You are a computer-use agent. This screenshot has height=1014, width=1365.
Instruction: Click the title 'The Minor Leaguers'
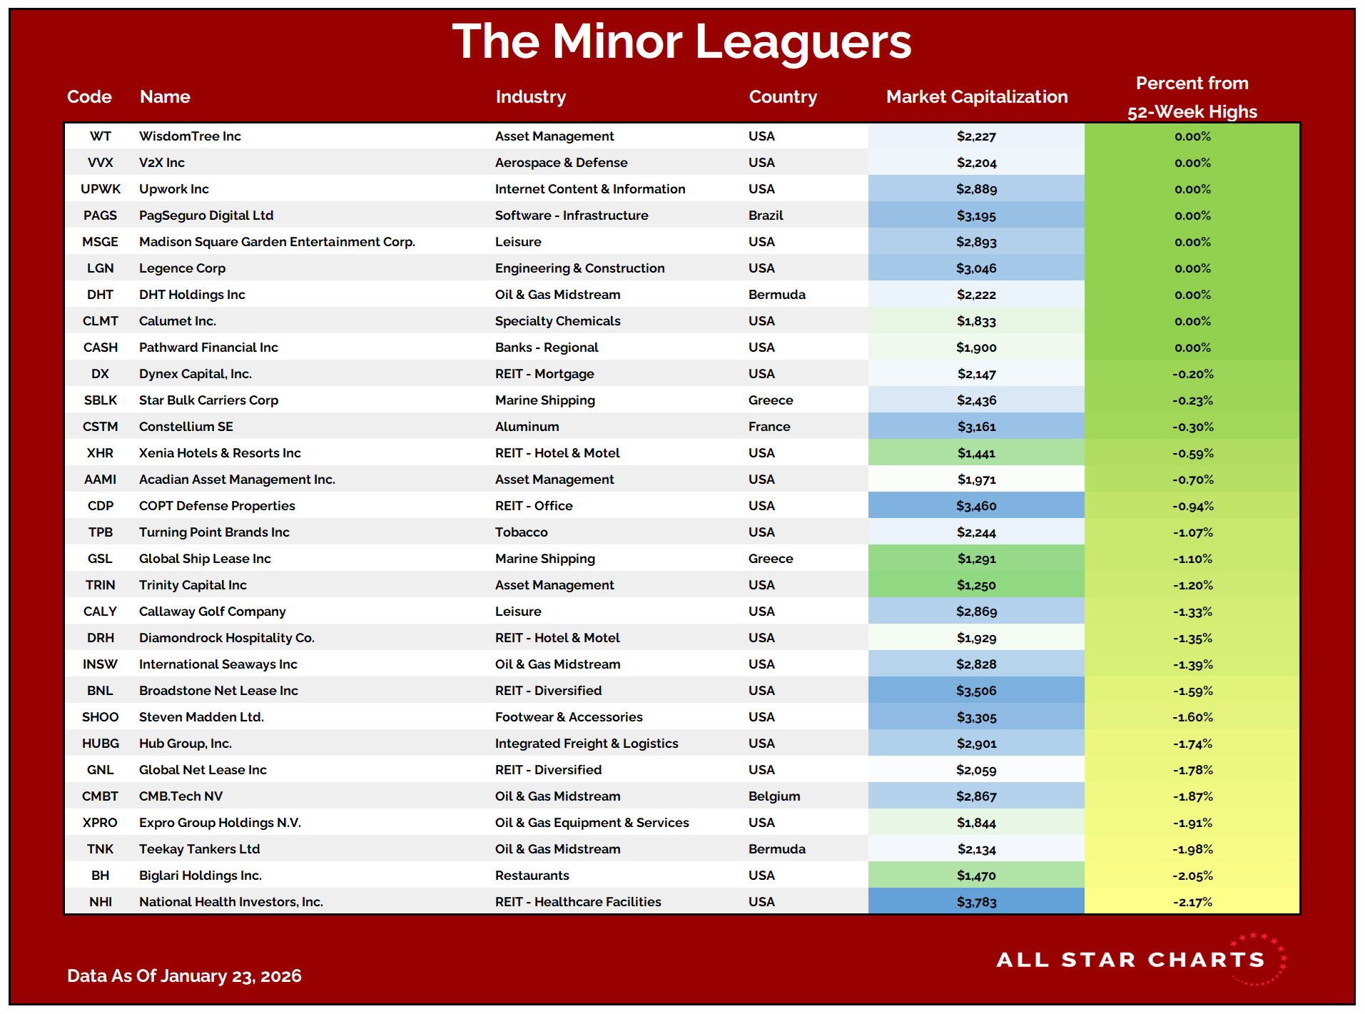click(x=681, y=41)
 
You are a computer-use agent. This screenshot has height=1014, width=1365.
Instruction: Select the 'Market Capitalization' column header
click(x=976, y=97)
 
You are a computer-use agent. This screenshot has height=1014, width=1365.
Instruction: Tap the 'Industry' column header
click(x=530, y=97)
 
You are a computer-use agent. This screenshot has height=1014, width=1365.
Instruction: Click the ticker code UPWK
click(x=101, y=189)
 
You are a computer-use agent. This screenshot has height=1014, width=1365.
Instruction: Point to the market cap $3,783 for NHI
click(x=976, y=902)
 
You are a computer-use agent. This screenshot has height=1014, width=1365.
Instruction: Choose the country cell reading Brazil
click(x=766, y=216)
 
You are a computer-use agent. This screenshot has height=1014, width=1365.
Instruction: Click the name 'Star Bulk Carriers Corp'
click(x=208, y=400)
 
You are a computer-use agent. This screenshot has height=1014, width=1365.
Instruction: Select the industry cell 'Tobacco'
click(x=521, y=532)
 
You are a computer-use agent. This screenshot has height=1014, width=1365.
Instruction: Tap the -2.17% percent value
click(x=1192, y=902)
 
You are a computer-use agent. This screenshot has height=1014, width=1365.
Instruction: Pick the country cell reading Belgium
click(x=774, y=796)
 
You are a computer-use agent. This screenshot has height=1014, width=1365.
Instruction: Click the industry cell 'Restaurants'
click(x=532, y=876)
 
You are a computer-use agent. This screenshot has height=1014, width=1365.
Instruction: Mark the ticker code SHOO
click(x=101, y=717)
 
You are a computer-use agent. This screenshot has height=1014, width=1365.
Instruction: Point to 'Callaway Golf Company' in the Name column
click(x=212, y=612)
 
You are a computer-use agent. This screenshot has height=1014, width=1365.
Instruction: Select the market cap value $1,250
click(x=976, y=585)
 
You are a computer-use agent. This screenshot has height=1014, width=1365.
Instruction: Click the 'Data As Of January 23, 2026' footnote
click(x=184, y=975)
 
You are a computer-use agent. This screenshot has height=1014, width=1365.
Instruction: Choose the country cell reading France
click(x=769, y=427)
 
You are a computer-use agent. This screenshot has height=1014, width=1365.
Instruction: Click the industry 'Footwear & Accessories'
click(x=569, y=717)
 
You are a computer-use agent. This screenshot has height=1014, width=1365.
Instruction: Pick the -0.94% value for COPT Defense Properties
click(x=1192, y=506)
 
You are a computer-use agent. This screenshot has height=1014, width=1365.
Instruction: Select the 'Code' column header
click(x=89, y=97)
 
